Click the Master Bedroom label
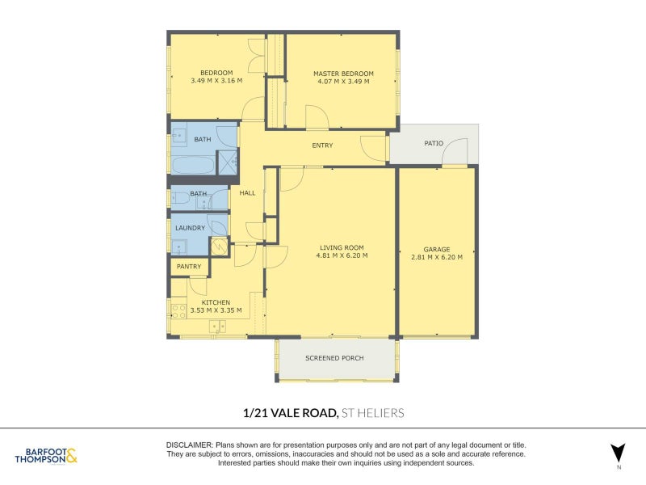coord(344,74)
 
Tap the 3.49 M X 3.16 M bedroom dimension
coord(216,81)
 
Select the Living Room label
coord(342,248)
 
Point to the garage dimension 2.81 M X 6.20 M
coord(437,257)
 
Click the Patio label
coord(434,143)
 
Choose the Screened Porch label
coord(334,358)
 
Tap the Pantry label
coord(189,267)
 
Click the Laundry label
coord(190,228)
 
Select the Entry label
coord(322,145)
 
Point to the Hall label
coord(247,192)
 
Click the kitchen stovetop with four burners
coord(178,311)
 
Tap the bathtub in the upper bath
coord(193,166)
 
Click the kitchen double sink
coord(217,327)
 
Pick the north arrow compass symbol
coord(618,453)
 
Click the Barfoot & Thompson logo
coord(46,456)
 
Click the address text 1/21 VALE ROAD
coord(290,413)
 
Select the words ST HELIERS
coord(373,413)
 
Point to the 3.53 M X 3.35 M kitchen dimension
coord(216,310)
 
